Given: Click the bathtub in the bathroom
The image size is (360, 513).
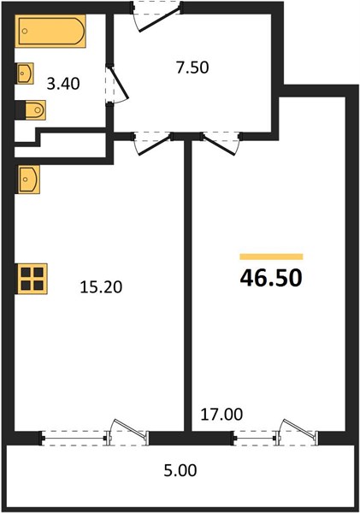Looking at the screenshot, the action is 50,31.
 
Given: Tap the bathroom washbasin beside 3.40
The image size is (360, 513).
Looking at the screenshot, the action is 25,74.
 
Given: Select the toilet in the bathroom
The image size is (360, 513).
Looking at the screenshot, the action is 31,110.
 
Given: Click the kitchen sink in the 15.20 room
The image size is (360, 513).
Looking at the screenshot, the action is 29,180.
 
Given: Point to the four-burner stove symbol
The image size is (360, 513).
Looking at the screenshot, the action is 32,279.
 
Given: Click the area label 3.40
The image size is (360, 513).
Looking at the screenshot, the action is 63,84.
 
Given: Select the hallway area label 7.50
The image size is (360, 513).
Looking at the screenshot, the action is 192,68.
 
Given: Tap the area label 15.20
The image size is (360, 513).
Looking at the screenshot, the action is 101,287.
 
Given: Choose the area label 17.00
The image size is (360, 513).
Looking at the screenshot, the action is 221,415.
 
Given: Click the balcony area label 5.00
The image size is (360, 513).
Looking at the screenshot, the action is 180,471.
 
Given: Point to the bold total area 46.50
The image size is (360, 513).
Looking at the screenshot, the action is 271,278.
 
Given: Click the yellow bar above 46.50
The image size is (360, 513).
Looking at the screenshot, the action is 271,256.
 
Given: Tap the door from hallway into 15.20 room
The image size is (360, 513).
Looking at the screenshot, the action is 154,146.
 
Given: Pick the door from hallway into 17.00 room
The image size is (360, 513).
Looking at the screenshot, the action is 219,144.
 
